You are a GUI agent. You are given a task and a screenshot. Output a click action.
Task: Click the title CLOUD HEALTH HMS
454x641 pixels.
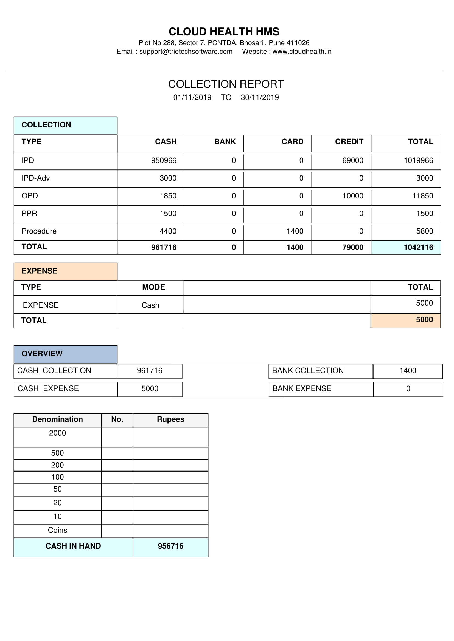tap(224, 32)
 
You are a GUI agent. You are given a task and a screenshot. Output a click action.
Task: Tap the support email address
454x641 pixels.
tap(186, 52)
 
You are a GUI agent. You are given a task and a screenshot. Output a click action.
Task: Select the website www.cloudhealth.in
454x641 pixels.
tap(302, 52)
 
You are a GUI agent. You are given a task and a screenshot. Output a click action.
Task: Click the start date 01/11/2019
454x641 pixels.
tap(192, 97)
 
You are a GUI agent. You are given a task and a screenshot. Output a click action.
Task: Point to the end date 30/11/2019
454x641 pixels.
tap(260, 97)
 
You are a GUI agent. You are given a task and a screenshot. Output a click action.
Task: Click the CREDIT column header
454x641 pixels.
tap(349, 142)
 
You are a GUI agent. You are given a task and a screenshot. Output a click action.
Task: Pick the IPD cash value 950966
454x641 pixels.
tap(164, 161)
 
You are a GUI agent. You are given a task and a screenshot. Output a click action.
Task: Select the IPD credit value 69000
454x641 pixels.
tap(353, 161)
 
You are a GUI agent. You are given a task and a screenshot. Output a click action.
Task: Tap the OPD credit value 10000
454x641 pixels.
tap(353, 196)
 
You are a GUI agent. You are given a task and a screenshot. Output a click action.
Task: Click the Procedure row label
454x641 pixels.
tap(39, 231)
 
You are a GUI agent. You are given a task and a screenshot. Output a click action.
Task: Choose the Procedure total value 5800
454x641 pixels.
tap(424, 231)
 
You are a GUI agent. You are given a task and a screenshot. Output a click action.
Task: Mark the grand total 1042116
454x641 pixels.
tap(418, 247)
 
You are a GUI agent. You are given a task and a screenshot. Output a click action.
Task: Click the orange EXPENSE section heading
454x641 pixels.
tap(40, 271)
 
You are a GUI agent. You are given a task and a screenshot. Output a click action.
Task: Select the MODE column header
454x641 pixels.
tap(153, 287)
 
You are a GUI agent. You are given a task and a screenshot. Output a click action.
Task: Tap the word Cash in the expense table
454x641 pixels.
tap(150, 305)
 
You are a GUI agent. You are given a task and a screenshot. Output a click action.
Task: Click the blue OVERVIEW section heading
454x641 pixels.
tap(42, 354)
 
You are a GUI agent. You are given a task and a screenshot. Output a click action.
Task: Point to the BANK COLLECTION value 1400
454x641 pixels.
tap(408, 371)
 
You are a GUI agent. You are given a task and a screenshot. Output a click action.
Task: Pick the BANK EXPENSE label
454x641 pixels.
tap(302, 388)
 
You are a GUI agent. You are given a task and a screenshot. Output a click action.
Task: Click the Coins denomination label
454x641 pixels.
tap(58, 530)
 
